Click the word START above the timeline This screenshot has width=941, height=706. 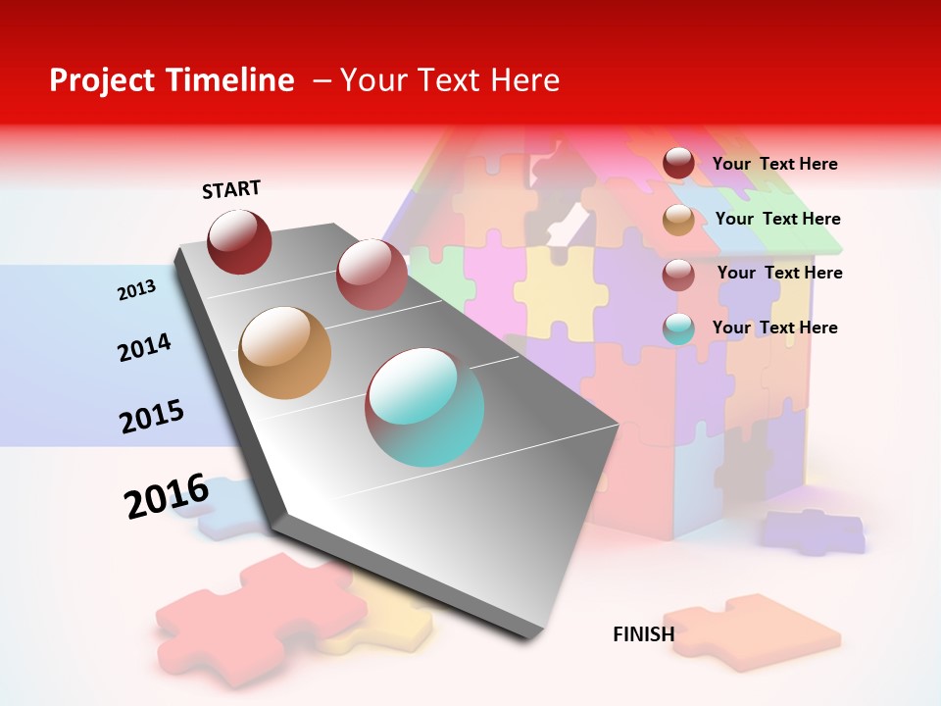[231, 189]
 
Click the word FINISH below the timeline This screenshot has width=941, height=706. [643, 634]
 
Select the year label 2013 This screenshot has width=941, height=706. [136, 289]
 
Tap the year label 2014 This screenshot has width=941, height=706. [144, 347]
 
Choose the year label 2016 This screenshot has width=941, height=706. [167, 496]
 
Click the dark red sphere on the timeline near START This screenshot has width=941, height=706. [239, 241]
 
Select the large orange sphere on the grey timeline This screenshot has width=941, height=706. [284, 353]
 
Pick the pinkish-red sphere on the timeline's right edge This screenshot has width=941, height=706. [371, 274]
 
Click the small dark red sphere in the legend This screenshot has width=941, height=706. [678, 163]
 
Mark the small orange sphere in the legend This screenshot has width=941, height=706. [678, 220]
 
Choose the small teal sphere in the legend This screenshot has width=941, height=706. [678, 328]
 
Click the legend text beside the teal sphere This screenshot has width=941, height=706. [774, 328]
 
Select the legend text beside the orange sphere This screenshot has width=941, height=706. [777, 219]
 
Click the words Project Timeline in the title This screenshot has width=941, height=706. [172, 80]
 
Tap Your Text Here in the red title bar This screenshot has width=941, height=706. [449, 80]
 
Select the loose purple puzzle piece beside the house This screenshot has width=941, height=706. [814, 531]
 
